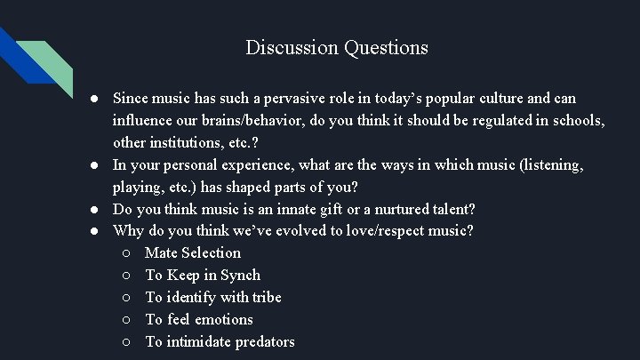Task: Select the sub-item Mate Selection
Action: [x=193, y=253]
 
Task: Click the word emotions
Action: [x=224, y=320]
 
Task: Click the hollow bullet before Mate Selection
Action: [x=128, y=253]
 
